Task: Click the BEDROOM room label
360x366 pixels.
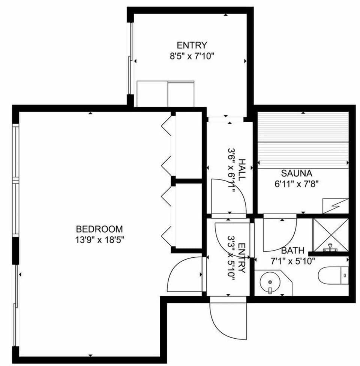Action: click(x=99, y=229)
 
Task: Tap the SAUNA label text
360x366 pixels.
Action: click(x=296, y=174)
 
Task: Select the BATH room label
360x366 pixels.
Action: click(x=292, y=251)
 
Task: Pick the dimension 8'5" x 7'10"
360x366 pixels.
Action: click(x=192, y=56)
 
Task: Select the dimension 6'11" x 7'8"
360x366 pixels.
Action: click(x=296, y=184)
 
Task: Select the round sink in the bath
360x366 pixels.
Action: click(x=270, y=281)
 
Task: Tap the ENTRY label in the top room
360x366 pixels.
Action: click(x=192, y=46)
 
